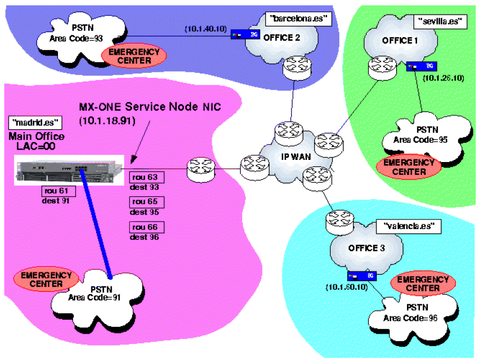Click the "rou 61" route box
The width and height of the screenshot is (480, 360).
click(x=55, y=191)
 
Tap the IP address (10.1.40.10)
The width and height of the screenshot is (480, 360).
click(x=207, y=28)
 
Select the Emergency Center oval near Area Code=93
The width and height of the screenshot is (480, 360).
click(x=134, y=56)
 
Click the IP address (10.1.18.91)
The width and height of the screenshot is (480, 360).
click(x=107, y=121)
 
